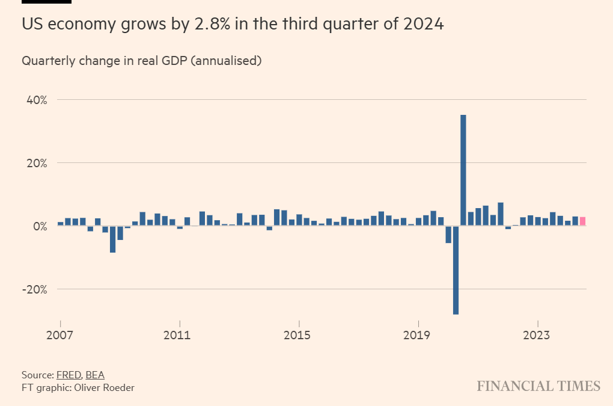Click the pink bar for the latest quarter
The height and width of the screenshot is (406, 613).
tap(582, 221)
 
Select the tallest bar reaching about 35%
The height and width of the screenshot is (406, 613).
tap(463, 170)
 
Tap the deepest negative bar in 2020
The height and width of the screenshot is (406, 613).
tap(456, 270)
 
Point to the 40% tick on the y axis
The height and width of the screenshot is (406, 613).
tap(35, 100)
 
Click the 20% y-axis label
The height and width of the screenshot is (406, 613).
tap(35, 163)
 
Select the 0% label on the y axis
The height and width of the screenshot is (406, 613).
tap(39, 226)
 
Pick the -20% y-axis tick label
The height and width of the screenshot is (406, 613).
tap(34, 289)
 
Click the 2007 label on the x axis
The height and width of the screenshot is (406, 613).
tap(60, 335)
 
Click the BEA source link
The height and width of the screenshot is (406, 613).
tap(95, 375)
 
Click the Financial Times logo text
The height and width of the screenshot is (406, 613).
tap(538, 386)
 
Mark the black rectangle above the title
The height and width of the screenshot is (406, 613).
tap(46, 2)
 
